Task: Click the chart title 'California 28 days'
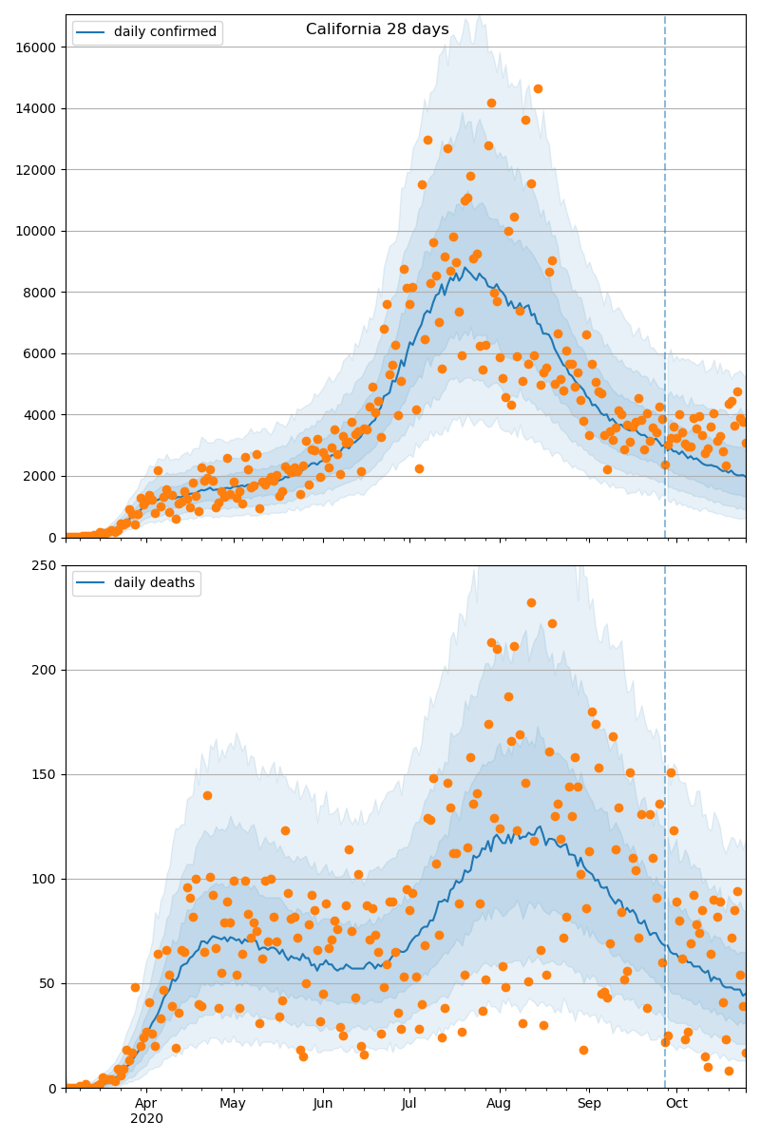[x=377, y=29]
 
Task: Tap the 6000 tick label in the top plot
[x=40, y=353]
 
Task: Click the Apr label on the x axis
[x=145, y=1103]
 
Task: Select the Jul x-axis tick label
[x=408, y=1103]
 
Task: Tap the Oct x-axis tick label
[x=676, y=1103]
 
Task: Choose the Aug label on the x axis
[x=499, y=1103]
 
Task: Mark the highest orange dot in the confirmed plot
[x=538, y=88]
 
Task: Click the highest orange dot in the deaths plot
[x=531, y=602]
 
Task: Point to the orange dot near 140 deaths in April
[x=207, y=795]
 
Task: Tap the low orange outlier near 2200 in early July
[x=419, y=468]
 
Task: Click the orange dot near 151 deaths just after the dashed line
[x=671, y=772]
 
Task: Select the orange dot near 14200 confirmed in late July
[x=491, y=103]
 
